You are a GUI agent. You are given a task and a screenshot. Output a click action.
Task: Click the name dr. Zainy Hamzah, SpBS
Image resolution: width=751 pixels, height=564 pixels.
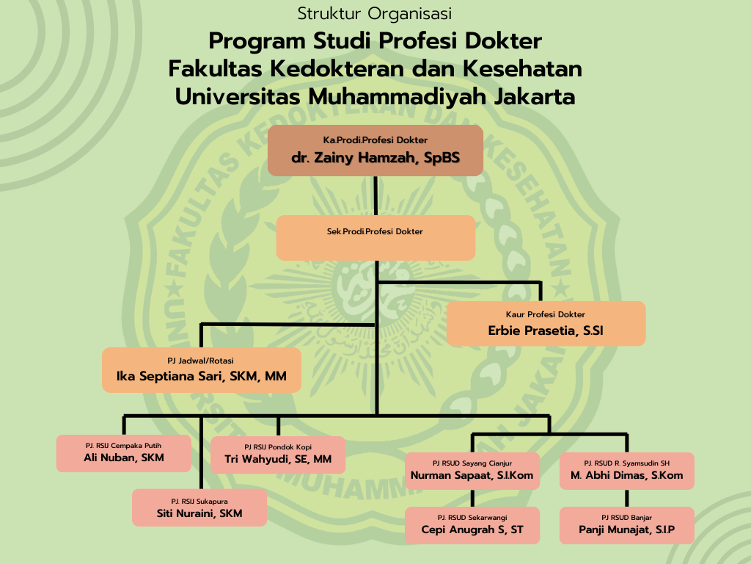[375, 158]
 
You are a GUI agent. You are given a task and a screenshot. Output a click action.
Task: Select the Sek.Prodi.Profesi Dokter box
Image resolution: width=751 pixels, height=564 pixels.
[376, 238]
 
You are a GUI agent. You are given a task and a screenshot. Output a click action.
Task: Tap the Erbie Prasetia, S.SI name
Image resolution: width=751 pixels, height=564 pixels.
[546, 330]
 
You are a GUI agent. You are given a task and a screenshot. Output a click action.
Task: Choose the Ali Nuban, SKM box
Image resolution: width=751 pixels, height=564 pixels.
[123, 453]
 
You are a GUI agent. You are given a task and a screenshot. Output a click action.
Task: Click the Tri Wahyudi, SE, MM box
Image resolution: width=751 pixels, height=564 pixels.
[278, 455]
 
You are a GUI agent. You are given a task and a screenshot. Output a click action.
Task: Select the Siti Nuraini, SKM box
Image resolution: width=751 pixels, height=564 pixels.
[199, 507]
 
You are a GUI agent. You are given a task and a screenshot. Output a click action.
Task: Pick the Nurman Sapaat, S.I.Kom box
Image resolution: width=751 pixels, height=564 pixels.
[472, 471]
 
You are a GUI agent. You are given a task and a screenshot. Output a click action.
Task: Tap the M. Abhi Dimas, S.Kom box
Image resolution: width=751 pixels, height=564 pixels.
[627, 471]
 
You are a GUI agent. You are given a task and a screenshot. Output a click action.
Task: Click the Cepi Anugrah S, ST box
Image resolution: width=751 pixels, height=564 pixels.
[472, 525]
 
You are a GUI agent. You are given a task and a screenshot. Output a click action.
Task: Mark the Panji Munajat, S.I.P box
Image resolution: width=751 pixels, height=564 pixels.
[627, 525]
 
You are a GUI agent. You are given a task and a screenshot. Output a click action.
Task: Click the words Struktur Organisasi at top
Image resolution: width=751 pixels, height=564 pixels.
[375, 13]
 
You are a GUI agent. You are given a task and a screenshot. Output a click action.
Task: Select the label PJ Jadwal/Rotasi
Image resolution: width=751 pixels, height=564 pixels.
[201, 361]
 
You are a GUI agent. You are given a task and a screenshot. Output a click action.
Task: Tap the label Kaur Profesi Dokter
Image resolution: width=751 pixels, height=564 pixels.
[546, 314]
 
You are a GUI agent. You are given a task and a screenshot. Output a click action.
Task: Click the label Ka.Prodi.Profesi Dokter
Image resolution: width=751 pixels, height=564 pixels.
[375, 140]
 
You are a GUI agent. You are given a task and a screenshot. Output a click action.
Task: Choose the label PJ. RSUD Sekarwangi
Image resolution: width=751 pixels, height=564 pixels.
[472, 518]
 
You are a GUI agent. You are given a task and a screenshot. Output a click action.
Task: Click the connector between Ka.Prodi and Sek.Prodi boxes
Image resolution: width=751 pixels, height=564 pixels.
[375, 195]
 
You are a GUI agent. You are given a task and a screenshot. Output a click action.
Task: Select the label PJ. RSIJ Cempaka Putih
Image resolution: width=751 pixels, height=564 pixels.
[123, 446]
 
